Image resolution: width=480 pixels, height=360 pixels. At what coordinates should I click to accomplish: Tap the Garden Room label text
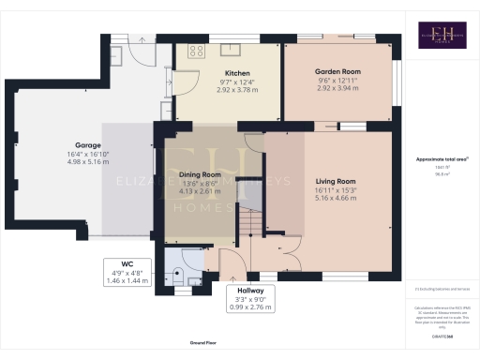(x=337, y=72)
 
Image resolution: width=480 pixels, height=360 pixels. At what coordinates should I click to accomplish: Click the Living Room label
(x=334, y=181)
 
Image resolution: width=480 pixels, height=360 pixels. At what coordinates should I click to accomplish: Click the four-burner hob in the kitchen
(x=196, y=52)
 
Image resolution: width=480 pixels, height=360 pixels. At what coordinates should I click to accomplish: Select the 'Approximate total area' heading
(x=435, y=160)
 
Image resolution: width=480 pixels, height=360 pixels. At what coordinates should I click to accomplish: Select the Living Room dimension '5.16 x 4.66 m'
(x=334, y=200)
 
